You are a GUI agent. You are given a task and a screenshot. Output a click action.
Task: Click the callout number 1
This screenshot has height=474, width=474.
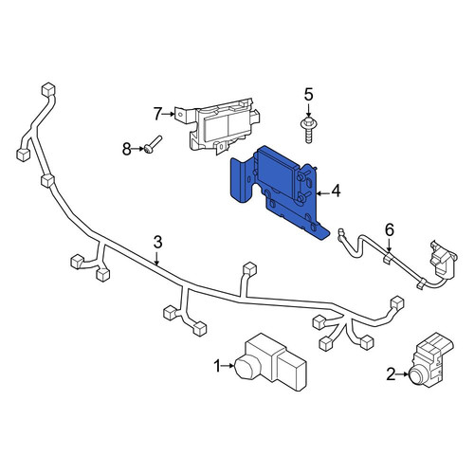217,366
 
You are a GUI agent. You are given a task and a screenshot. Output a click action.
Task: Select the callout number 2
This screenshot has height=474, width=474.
391,374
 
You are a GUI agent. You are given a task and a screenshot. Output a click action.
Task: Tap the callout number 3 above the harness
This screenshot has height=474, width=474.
157,243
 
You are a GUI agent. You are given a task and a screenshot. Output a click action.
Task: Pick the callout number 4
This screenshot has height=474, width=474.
336,191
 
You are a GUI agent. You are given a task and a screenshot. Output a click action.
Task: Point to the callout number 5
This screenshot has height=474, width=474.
308,95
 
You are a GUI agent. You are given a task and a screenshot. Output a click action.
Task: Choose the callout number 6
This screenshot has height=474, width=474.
390,229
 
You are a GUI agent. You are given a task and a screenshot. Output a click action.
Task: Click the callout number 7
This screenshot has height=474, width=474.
157,114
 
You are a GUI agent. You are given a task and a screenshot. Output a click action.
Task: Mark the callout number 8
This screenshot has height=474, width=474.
127,149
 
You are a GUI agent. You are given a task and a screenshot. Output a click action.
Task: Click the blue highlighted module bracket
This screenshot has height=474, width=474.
278,192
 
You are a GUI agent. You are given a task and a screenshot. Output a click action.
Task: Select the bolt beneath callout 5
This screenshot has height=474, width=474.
308,130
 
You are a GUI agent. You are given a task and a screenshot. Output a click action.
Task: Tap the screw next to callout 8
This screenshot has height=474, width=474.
154,144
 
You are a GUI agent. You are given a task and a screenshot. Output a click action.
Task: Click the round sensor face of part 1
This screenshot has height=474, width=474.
246,368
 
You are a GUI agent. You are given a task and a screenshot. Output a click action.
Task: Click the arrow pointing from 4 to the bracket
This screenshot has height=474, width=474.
322,193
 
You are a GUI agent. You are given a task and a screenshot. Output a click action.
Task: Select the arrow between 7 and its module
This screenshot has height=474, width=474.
169,114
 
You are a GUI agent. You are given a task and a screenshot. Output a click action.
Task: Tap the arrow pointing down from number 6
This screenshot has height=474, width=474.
389,245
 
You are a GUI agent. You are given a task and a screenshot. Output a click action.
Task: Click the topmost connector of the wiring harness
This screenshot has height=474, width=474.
48,89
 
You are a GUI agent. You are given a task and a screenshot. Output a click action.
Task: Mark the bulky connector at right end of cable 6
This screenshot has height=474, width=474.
443,259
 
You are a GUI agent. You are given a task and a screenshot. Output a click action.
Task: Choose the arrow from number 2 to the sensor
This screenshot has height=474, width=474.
403,374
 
